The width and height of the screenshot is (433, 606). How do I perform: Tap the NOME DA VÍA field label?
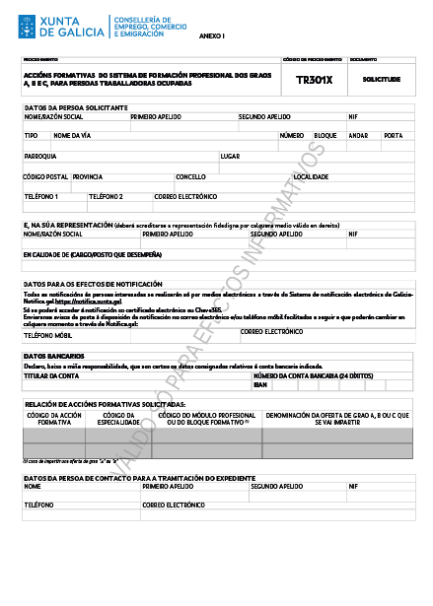tap(71, 135)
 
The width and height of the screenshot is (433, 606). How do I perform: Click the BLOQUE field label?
tap(325, 135)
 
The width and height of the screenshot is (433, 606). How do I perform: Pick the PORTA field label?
tap(392, 135)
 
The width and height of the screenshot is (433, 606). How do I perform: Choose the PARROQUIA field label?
tap(39, 156)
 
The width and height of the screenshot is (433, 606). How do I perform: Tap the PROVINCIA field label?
tap(88, 176)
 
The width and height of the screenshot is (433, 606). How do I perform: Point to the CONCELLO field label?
tap(190, 176)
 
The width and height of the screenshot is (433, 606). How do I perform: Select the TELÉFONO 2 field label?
tap(106, 196)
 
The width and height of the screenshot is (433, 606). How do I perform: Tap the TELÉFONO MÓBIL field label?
tap(47, 333)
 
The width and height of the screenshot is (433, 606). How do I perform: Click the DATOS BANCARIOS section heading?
tap(46, 355)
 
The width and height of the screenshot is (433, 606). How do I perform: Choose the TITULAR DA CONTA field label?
tap(50, 375)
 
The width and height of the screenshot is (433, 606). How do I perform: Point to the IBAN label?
tap(260, 384)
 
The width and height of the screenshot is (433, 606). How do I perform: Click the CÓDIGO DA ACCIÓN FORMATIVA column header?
tap(53, 420)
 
